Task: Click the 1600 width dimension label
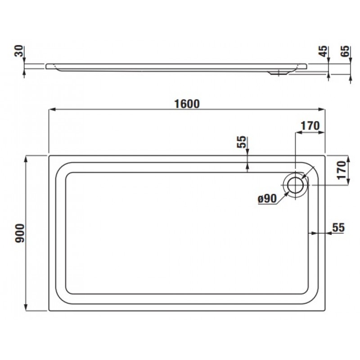187,104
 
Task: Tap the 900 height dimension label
20,233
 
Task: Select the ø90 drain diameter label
267,198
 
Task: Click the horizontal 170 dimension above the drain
310,126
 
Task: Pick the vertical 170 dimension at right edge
342,170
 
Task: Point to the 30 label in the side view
19,51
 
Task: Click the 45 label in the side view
323,51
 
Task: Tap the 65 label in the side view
345,51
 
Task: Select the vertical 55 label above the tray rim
241,142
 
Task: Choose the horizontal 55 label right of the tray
339,228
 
